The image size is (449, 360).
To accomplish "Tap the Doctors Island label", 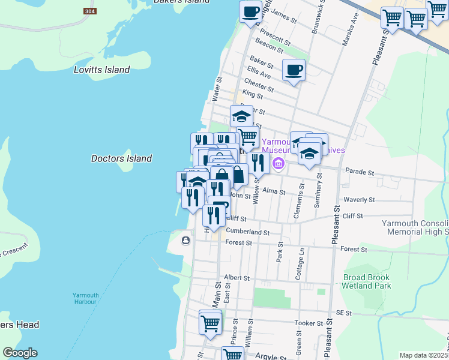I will pos(121,158).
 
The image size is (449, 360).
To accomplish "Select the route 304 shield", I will pos(89,11).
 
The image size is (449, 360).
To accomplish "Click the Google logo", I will pos(19,353).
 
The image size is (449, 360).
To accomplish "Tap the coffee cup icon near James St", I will pos(250,11).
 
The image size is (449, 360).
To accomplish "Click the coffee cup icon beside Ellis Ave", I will pos(294,70).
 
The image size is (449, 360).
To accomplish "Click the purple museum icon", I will pos(279,163).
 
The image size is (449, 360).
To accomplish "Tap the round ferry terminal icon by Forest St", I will pos(185,241).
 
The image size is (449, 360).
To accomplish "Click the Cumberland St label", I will pos(248,232).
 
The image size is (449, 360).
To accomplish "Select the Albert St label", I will pos(236,278).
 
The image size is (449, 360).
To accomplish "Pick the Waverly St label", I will pos(358,200).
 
